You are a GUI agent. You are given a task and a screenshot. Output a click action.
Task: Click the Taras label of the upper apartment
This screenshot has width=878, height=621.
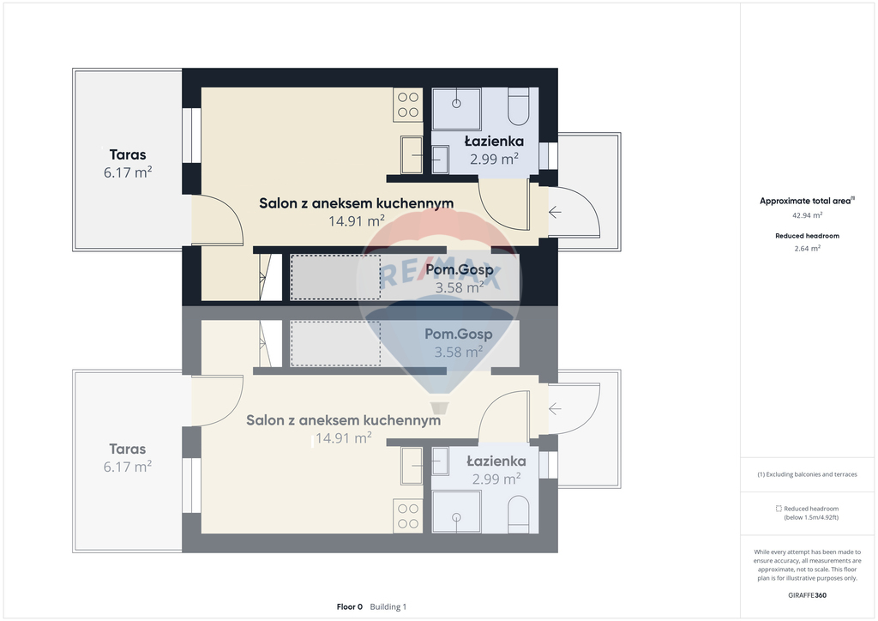point(128,154)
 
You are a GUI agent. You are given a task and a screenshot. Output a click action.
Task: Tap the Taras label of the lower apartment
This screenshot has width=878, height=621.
point(128,449)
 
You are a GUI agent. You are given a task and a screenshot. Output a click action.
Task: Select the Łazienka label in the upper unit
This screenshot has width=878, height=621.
point(494,142)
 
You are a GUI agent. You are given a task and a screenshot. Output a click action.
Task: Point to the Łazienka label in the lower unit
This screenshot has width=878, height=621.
point(496,461)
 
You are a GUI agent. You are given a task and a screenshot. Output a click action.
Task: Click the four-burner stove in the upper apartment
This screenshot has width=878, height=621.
point(408,105)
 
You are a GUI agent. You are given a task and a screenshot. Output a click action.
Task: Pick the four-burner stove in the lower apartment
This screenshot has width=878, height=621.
point(408,516)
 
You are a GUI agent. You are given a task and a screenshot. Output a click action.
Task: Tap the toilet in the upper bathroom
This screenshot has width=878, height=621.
point(518,106)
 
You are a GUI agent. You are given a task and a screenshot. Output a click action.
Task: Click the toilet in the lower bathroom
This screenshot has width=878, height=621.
point(518,514)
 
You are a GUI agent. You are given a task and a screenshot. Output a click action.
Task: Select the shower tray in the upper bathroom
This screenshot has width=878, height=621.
point(456,108)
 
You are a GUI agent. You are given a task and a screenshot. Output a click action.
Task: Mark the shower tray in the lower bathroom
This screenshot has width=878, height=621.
point(456,512)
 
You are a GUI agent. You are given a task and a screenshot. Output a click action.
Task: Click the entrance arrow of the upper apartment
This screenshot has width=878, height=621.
point(555,212)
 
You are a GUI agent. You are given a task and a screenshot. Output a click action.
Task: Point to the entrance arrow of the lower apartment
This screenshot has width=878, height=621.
point(555,409)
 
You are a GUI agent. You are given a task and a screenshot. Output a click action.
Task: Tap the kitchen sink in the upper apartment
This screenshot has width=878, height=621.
point(412,155)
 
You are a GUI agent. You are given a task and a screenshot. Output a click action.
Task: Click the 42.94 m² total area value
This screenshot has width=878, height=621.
point(807,215)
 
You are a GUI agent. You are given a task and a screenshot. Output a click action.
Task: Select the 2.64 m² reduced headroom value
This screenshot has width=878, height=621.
point(808,249)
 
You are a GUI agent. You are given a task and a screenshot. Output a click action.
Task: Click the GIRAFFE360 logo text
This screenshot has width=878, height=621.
point(807,595)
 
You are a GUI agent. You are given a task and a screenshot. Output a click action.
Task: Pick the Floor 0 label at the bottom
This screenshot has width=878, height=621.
point(350,607)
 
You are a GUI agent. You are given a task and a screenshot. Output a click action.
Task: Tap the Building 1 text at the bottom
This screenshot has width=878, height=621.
point(388,607)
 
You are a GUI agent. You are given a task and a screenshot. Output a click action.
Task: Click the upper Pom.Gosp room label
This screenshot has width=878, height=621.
point(460,270)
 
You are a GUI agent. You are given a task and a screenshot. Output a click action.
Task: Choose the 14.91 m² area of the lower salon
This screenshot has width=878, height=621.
point(343,438)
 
